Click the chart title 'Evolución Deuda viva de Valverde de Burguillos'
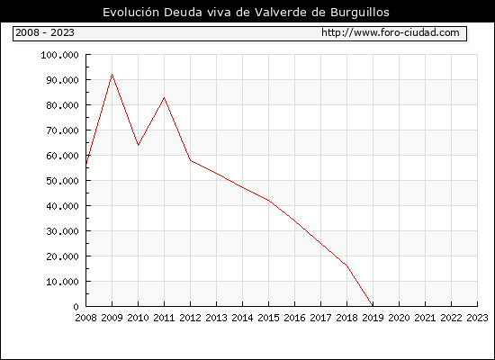[x=246, y=12]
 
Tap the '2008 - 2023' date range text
[x=45, y=32]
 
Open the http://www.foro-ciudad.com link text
[x=391, y=32]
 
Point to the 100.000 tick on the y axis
[x=59, y=55]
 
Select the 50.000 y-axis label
[x=62, y=181]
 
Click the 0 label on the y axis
[x=76, y=307]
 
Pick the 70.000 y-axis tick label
[x=62, y=130]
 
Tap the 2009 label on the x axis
[x=112, y=318]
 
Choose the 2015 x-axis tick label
[x=268, y=318]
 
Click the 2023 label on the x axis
[x=477, y=318]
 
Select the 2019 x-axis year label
[x=373, y=318]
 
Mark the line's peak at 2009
[x=112, y=75]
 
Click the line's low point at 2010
[x=138, y=145]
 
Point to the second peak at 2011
[x=164, y=97]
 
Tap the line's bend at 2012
[x=191, y=160]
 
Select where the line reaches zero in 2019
[x=373, y=306]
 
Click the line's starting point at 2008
[x=86, y=165]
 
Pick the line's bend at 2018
[x=346, y=265]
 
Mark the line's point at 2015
[x=269, y=201]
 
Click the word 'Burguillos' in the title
[x=360, y=13]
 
